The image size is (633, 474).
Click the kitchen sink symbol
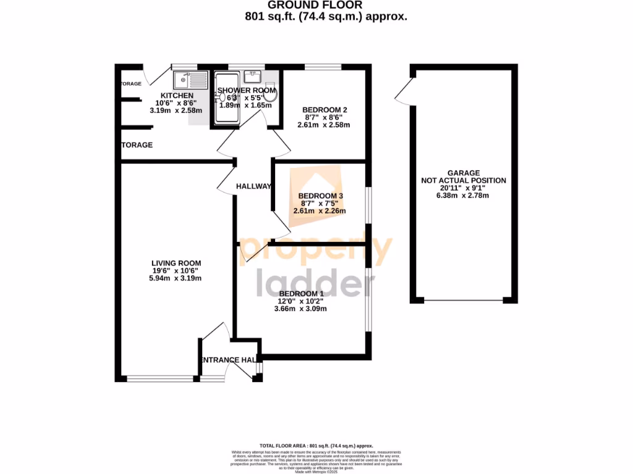(191, 80)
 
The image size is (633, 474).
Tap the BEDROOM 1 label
(301, 293)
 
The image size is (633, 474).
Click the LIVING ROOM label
(176, 263)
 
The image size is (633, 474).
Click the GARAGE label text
(463, 173)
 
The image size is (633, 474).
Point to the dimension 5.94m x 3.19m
(176, 278)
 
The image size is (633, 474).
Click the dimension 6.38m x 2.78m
(463, 196)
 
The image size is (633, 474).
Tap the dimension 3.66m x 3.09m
(301, 309)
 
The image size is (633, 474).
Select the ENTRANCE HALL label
(227, 360)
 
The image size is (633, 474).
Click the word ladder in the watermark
(315, 284)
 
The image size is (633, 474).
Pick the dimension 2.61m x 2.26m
(319, 211)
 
